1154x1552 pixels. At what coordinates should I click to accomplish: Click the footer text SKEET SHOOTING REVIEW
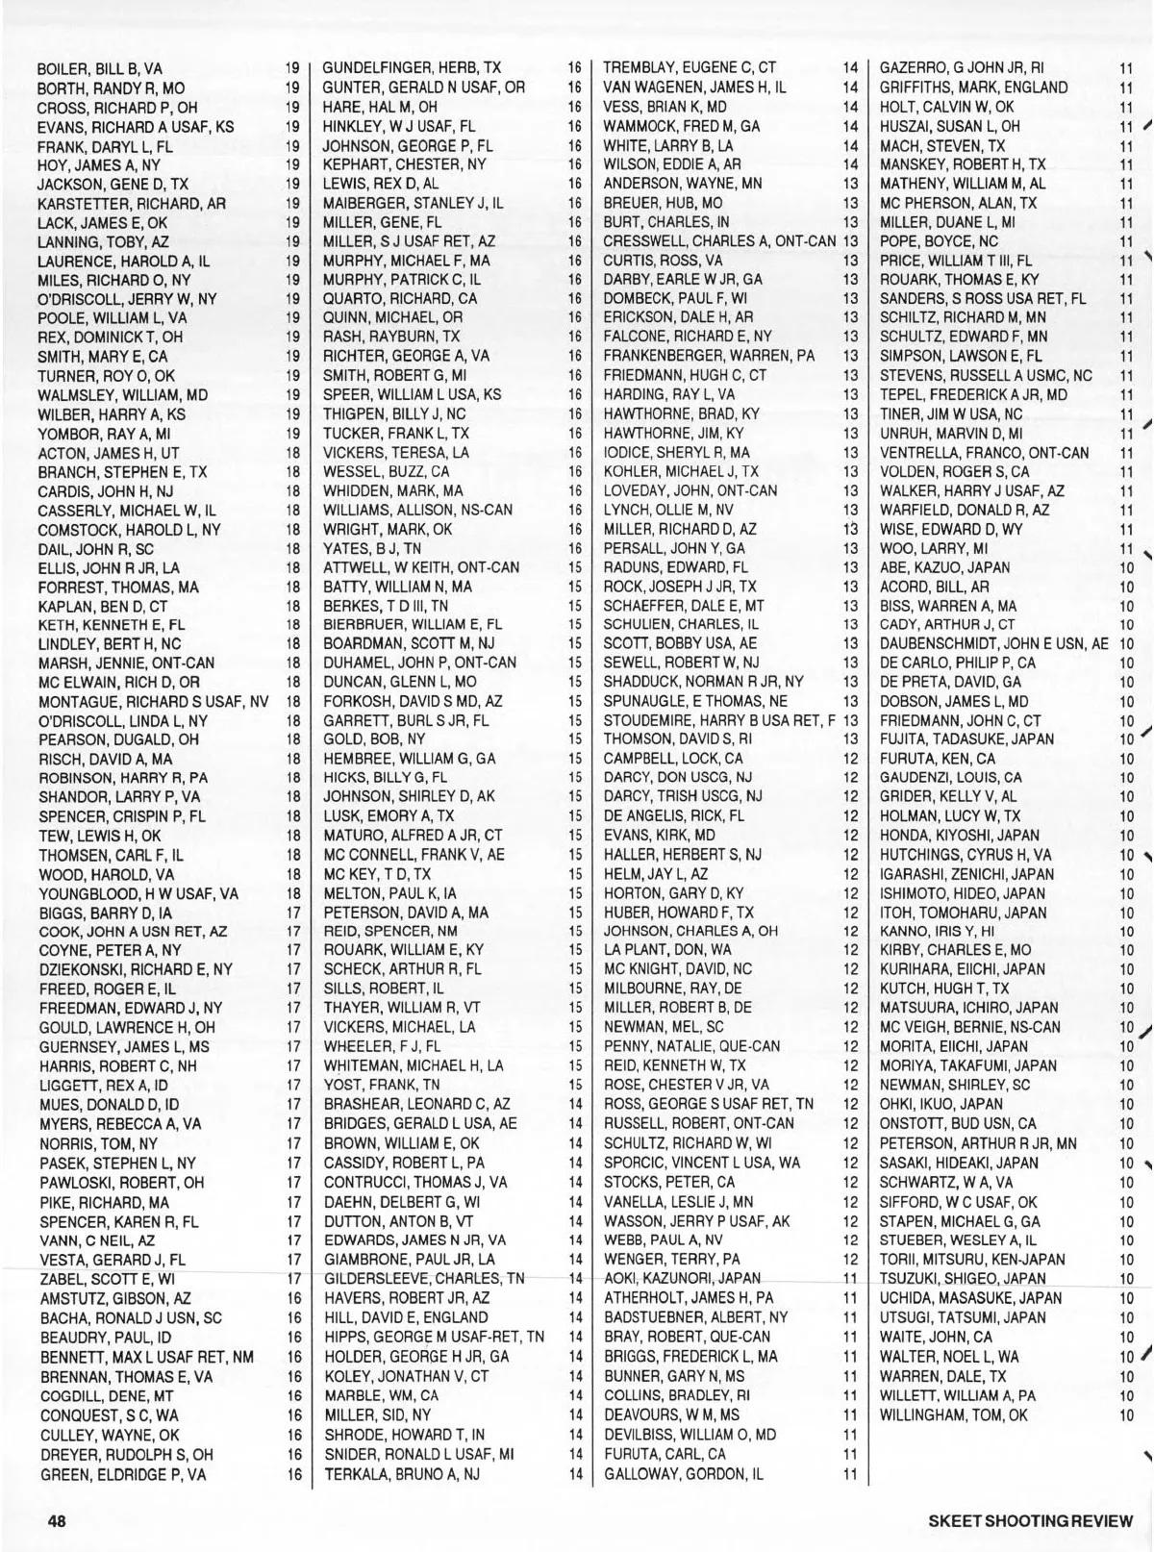pyautogui.click(x=1031, y=1521)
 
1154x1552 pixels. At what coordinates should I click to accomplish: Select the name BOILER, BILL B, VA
pyautogui.click(x=99, y=69)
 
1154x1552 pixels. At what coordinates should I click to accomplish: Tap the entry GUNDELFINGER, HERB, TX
pyautogui.click(x=412, y=68)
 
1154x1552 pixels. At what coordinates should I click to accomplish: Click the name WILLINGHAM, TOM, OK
pyautogui.click(x=953, y=1414)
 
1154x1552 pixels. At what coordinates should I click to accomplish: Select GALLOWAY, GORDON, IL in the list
pyautogui.click(x=683, y=1473)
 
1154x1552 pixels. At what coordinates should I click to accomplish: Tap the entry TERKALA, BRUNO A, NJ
pyautogui.click(x=401, y=1473)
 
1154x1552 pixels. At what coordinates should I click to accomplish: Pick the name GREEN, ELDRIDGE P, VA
pyautogui.click(x=122, y=1474)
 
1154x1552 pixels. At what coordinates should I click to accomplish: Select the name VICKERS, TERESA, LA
pyautogui.click(x=396, y=452)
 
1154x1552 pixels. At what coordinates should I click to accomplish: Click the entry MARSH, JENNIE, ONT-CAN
pyautogui.click(x=126, y=663)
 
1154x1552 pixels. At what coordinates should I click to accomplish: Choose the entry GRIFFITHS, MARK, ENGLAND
pyautogui.click(x=973, y=88)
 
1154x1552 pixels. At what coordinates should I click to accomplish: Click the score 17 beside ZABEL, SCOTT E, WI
pyautogui.click(x=294, y=1279)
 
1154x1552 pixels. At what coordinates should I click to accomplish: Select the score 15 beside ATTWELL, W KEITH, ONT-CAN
pyautogui.click(x=575, y=567)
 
